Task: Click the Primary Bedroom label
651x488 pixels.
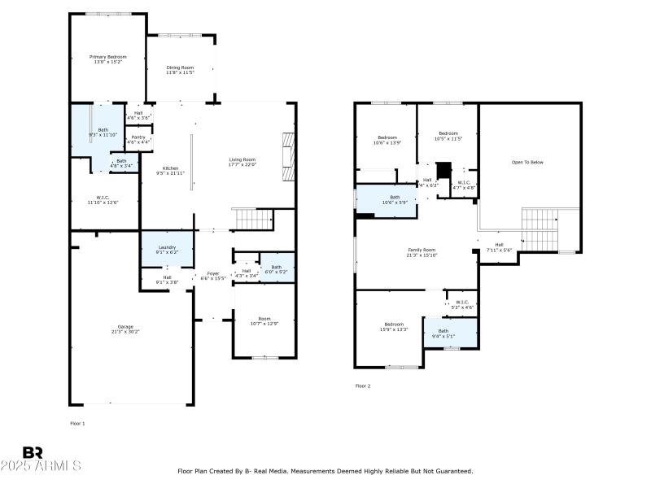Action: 108,57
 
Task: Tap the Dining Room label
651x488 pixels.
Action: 181,68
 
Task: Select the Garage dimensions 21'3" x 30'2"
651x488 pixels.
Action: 125,332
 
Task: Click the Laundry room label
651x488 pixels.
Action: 167,247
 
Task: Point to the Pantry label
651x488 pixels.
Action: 138,137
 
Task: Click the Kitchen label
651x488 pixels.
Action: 170,168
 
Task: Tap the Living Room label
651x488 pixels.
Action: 242,159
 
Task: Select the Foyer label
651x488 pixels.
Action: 212,273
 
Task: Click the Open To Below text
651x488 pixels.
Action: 526,163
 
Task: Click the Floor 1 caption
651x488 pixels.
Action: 77,423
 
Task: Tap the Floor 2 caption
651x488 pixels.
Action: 363,386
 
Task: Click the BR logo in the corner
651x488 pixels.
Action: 33,452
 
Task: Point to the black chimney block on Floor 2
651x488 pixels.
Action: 443,171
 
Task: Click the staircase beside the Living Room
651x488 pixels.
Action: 252,219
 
